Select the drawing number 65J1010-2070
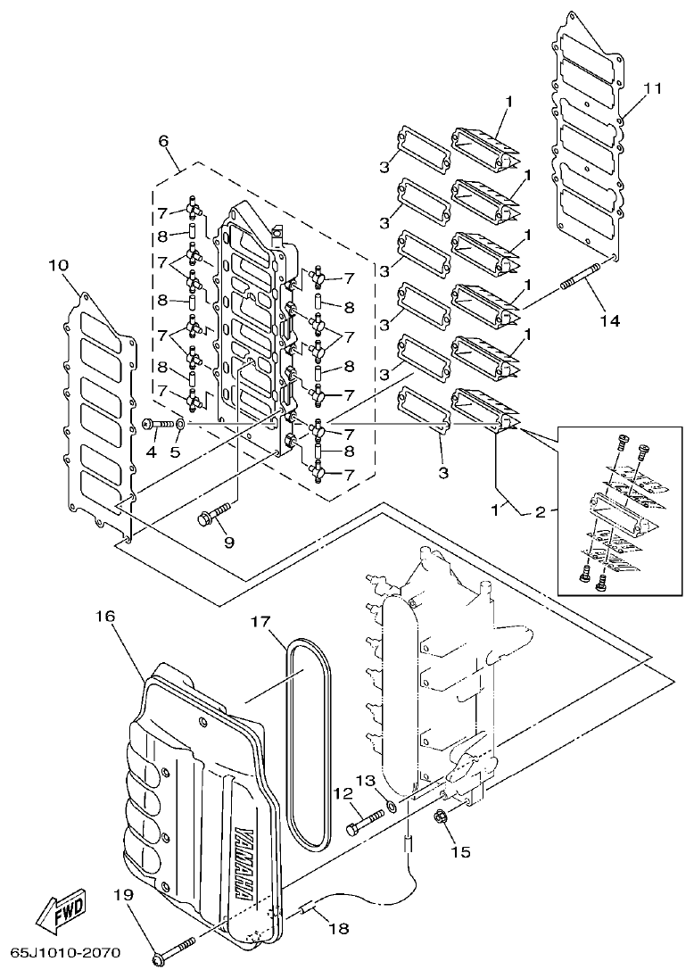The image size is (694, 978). (66, 954)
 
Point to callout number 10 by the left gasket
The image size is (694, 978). (59, 266)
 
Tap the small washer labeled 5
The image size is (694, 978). (180, 424)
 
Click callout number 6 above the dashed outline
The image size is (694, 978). (163, 140)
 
